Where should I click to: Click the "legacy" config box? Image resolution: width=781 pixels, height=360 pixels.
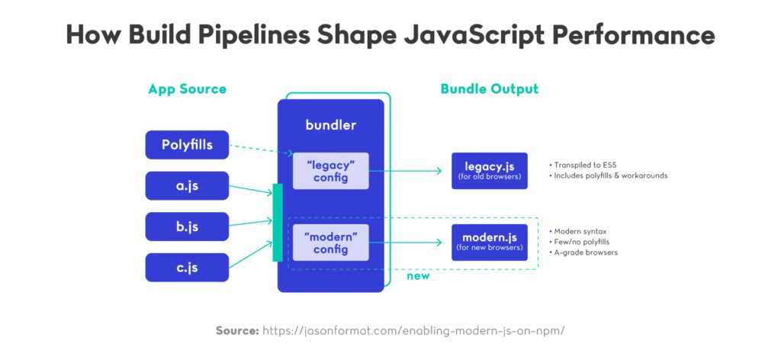pyautogui.click(x=331, y=170)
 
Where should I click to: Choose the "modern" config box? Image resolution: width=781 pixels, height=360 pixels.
pyautogui.click(x=331, y=242)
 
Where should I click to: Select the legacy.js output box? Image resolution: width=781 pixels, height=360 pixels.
pyautogui.click(x=489, y=171)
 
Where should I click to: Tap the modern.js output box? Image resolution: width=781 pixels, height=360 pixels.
pyautogui.click(x=489, y=242)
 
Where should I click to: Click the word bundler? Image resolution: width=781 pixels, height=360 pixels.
pyautogui.click(x=330, y=124)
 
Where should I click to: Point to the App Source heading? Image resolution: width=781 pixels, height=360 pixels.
pyautogui.click(x=187, y=88)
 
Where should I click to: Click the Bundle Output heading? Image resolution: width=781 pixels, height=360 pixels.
pyautogui.click(x=489, y=88)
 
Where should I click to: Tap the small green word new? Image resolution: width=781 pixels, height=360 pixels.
pyautogui.click(x=418, y=275)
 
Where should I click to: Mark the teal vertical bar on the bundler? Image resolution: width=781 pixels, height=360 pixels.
pyautogui.click(x=278, y=222)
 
